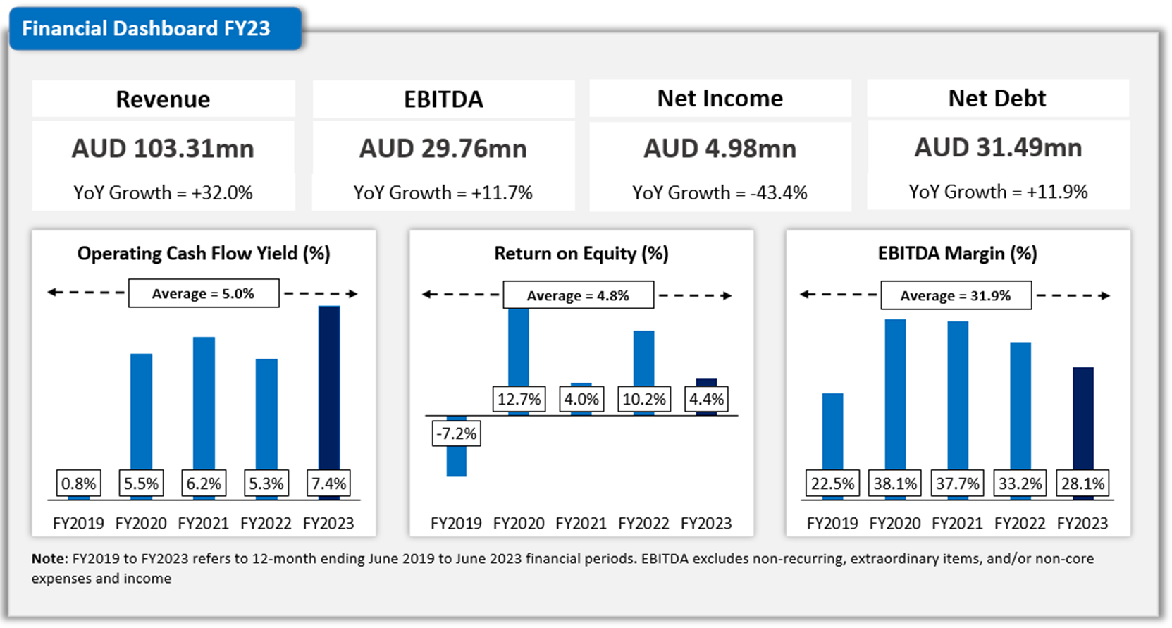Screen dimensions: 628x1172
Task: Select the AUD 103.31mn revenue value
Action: (163, 149)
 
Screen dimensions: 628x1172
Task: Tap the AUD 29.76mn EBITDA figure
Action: (443, 149)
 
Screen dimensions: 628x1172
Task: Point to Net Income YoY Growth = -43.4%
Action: (720, 192)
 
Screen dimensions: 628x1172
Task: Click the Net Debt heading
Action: (997, 98)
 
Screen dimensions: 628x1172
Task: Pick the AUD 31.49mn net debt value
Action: (998, 147)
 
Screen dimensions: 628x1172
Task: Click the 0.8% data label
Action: (78, 484)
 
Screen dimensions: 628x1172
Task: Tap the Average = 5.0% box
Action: (204, 293)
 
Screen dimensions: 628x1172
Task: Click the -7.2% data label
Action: (456, 433)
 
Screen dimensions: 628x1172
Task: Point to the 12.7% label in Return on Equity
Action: (519, 400)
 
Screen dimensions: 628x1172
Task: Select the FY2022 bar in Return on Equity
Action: (643, 357)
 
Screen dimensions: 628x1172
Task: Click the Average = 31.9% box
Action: (956, 295)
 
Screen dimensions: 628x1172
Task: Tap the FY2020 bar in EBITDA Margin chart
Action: (895, 388)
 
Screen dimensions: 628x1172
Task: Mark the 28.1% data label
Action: (1082, 484)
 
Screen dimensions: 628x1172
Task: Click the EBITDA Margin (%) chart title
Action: (957, 253)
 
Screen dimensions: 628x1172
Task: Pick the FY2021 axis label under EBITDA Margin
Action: (957, 523)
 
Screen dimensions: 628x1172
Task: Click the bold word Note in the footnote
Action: (49, 559)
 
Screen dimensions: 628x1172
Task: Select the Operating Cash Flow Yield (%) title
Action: (204, 253)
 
